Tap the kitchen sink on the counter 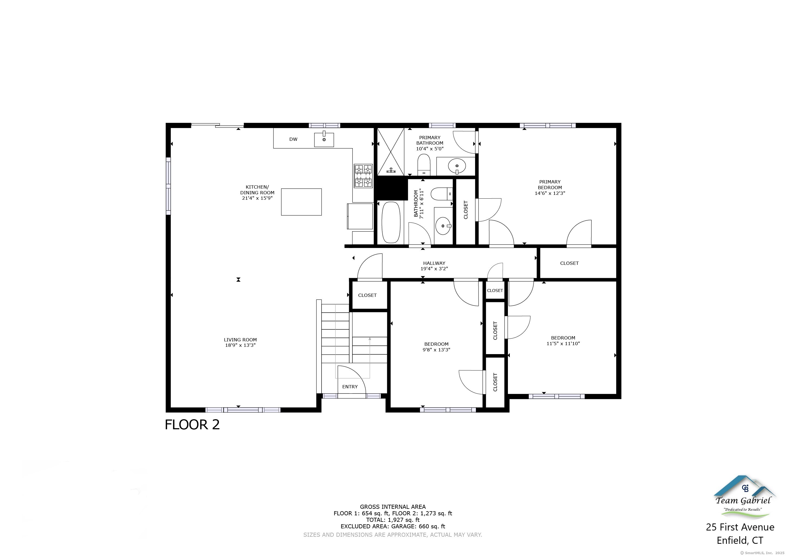[x=324, y=140]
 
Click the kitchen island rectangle [x=301, y=202]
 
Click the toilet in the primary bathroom [x=424, y=164]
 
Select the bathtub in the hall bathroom [x=391, y=222]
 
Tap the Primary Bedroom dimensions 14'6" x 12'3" [x=550, y=193]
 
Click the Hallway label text [x=434, y=263]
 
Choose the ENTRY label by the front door [x=350, y=386]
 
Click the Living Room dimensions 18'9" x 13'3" [x=240, y=345]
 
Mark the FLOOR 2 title [x=192, y=425]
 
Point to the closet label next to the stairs [x=367, y=295]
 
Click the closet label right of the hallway [x=569, y=263]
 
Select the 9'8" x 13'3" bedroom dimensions [x=436, y=350]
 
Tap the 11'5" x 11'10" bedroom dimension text [x=563, y=343]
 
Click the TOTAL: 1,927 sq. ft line [x=393, y=520]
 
